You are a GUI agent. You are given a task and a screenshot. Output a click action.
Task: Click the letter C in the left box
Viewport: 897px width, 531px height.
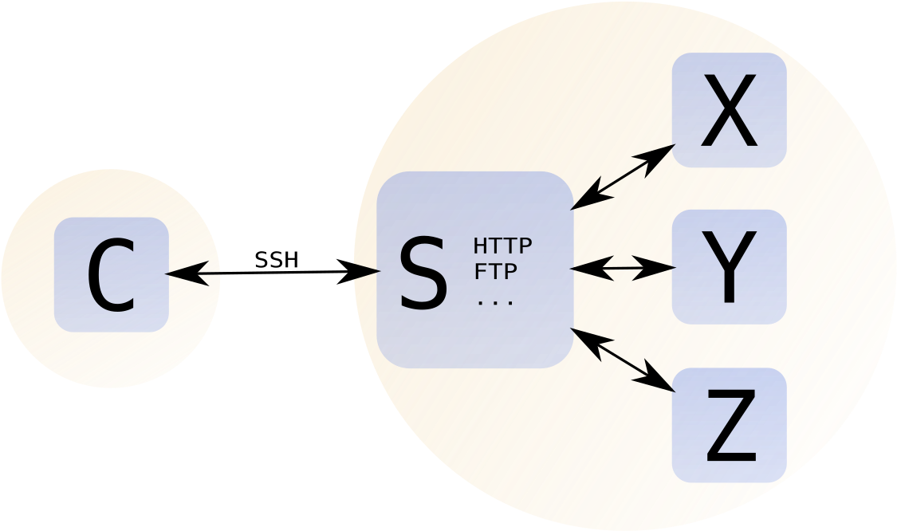tap(111, 277)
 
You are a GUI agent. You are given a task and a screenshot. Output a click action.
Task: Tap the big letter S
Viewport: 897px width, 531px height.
tap(423, 275)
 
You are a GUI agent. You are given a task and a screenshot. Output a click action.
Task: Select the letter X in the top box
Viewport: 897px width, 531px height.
tap(729, 112)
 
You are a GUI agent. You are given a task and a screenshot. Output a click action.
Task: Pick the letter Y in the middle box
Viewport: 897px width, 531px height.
tap(729, 268)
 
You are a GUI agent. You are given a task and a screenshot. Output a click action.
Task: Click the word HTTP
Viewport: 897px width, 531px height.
tap(502, 245)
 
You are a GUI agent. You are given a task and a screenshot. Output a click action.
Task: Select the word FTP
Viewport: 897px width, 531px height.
tap(495, 272)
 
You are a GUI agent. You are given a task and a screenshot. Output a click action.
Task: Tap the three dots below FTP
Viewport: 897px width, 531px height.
tap(495, 302)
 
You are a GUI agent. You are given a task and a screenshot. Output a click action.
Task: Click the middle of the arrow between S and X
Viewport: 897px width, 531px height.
tap(623, 177)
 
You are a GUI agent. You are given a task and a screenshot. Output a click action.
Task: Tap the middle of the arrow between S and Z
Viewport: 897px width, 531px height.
tap(623, 360)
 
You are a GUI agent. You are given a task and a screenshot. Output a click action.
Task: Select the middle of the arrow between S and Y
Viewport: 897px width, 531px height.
tap(623, 268)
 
